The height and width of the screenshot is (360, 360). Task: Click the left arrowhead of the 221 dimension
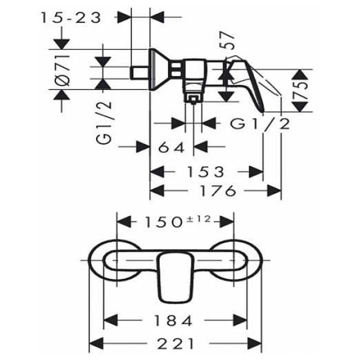tap(95, 344)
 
